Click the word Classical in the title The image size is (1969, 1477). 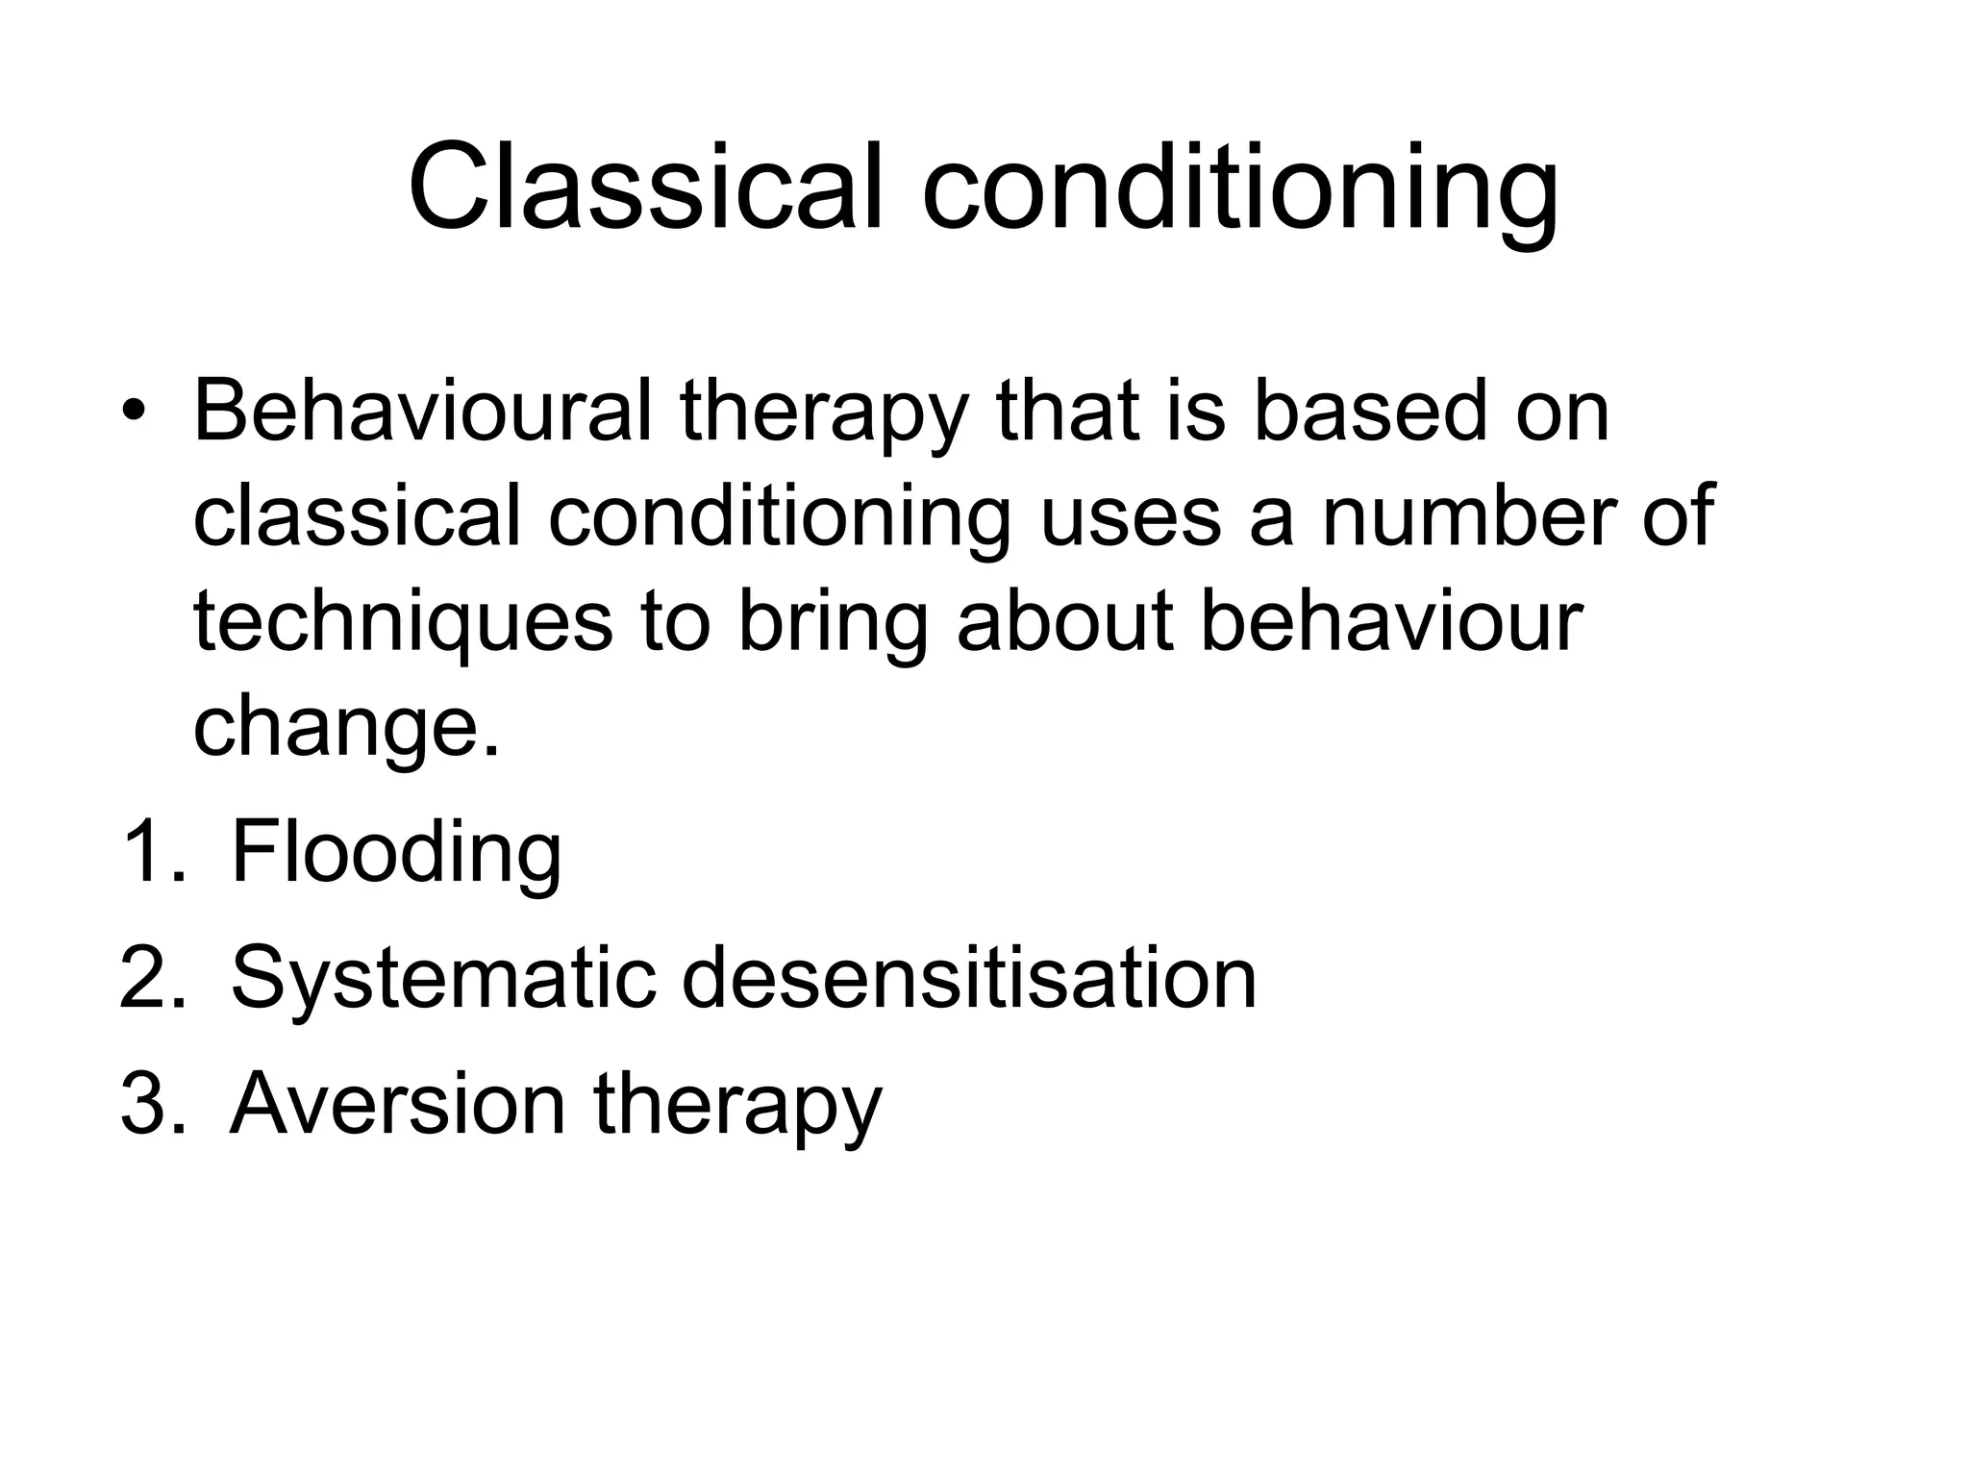pyautogui.click(x=643, y=188)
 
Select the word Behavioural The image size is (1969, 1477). pyautogui.click(x=422, y=411)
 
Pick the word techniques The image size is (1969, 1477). pyautogui.click(x=403, y=622)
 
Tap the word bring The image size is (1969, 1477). pyautogui.click(x=833, y=622)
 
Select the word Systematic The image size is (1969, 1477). pyautogui.click(x=443, y=980)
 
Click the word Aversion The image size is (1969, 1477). pyautogui.click(x=398, y=1104)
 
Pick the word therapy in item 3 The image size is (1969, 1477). pyautogui.click(x=737, y=1106)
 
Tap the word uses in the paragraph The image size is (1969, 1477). pyautogui.click(x=1131, y=517)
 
